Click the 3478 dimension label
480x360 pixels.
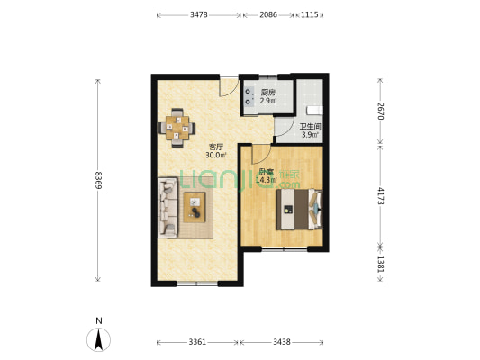199,14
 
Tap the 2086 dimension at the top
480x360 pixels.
268,14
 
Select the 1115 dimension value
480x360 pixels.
310,14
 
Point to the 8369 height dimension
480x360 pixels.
98,180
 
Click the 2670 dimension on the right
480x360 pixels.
380,111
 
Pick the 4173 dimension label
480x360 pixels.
380,196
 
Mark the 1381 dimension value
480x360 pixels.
380,264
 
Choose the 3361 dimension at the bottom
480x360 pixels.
197,342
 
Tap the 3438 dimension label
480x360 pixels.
282,342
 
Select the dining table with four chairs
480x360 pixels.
177,128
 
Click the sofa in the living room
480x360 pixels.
168,208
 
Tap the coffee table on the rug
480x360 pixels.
195,207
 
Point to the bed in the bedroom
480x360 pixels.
299,210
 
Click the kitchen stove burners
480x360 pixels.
249,96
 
